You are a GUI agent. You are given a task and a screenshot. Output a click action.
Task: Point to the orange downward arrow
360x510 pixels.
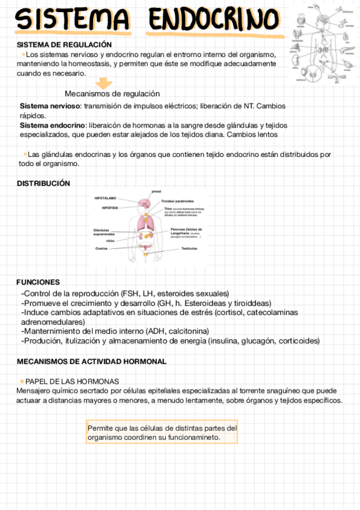105,83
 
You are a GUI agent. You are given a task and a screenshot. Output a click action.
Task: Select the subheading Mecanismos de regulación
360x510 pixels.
112,94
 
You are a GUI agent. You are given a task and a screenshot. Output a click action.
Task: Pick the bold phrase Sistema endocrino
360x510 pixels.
52,125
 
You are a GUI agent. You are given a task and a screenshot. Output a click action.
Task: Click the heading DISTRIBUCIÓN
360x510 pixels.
43,183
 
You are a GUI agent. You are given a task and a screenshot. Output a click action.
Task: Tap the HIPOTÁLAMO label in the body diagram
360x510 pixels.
105,197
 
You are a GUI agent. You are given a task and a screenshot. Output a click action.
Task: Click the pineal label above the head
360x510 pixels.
156,191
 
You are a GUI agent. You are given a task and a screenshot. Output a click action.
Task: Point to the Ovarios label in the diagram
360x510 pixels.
101,248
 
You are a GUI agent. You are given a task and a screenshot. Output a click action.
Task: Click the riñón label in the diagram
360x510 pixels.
110,240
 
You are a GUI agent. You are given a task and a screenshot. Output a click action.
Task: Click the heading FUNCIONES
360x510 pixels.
38,281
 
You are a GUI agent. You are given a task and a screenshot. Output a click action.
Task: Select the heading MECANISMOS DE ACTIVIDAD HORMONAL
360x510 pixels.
91,361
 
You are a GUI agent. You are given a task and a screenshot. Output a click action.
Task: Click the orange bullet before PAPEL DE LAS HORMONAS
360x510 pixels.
22,381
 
